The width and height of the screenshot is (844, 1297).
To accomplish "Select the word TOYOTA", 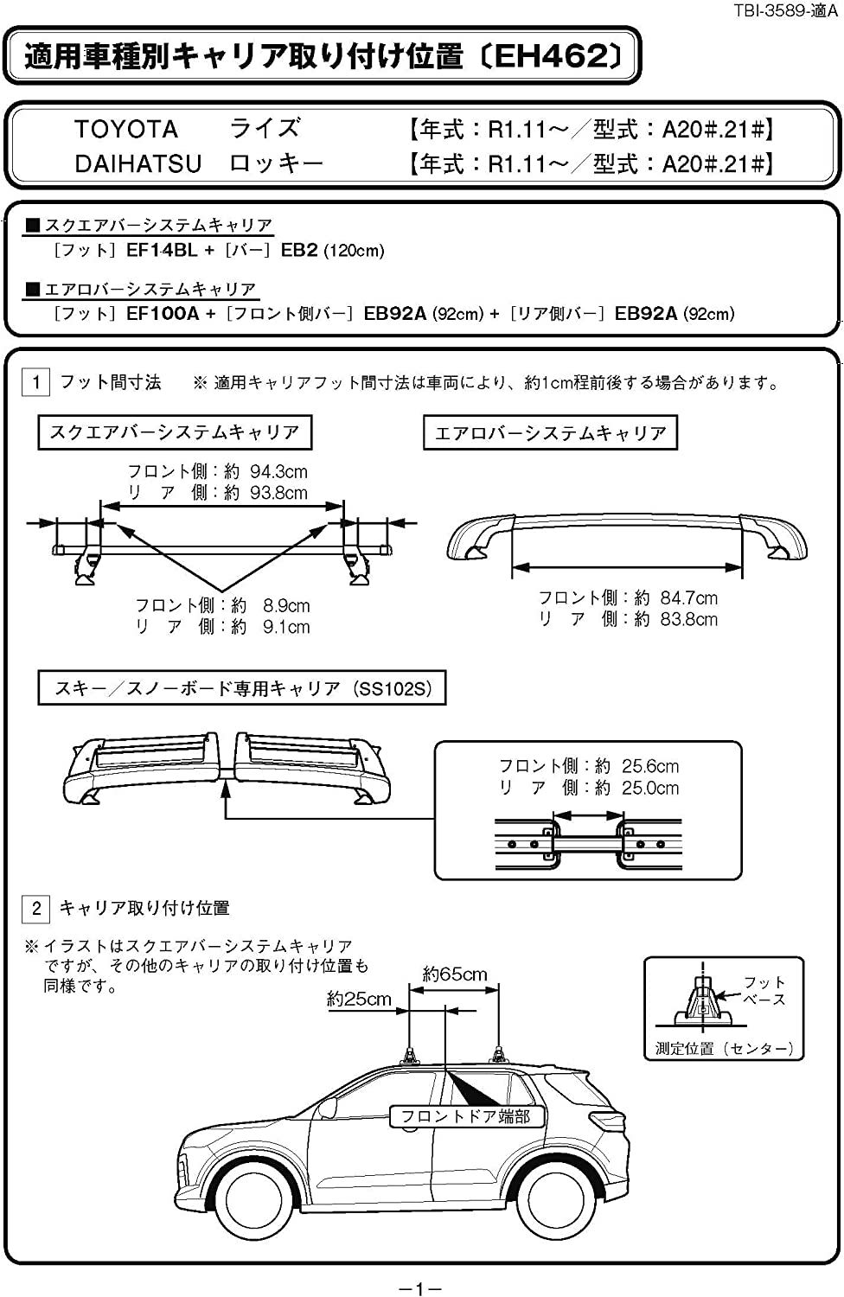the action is pos(125,129).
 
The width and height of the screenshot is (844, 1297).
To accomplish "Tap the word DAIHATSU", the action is pos(137,164).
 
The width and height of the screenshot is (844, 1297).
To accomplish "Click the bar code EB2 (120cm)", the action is pos(333,250).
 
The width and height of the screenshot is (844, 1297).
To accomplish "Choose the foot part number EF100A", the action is pos(163,314).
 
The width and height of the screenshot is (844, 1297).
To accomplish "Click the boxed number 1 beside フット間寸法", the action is pos(36,382).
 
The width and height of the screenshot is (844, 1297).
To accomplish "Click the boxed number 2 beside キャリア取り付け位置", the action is pos(36,908).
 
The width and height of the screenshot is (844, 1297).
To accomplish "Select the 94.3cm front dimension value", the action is pos(278,472).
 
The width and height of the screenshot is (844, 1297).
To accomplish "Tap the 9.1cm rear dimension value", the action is pos(286,627).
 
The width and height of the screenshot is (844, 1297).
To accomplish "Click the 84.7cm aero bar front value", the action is pos(688,598).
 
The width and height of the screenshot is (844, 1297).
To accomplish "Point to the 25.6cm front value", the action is pos(650,767).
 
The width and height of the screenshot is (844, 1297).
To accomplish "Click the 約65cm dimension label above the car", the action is pos(455,974).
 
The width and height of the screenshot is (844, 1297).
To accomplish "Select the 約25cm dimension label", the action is pos(359,999).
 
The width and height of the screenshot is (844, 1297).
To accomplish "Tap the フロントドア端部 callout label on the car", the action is pos(466,1116).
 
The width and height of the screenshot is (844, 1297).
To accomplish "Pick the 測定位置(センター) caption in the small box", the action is pos(724,1049).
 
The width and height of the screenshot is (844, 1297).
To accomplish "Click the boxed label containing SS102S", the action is pos(242,688).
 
